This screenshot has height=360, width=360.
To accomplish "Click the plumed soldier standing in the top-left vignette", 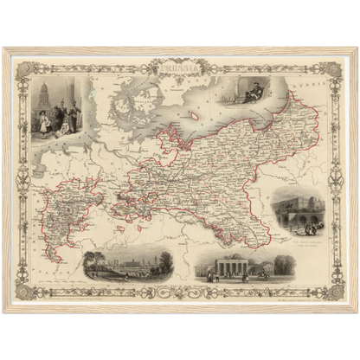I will pos(73,114).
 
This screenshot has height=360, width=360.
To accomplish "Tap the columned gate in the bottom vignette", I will pos(232,267).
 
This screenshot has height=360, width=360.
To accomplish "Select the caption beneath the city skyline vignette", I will pos(127,283).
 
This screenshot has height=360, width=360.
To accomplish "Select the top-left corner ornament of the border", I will pos(22,66).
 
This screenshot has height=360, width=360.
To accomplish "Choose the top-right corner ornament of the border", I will pos(338,66).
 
